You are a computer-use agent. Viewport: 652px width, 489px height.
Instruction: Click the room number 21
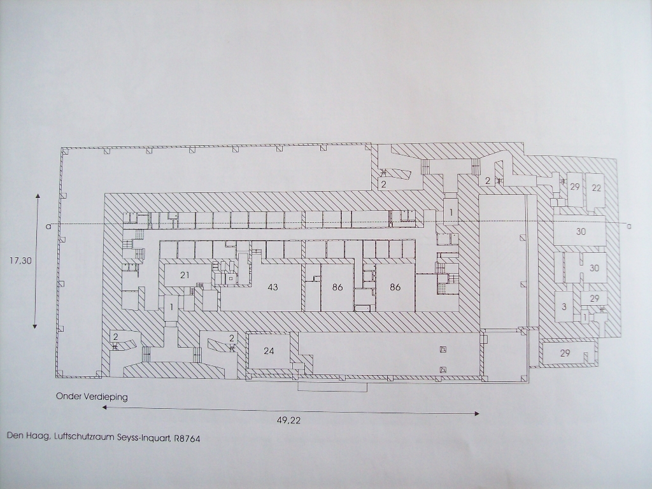[185, 275]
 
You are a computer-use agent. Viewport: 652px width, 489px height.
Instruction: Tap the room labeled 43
[273, 287]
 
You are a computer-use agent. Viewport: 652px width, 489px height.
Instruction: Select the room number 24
[269, 351]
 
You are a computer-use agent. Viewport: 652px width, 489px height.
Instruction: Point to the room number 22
[596, 188]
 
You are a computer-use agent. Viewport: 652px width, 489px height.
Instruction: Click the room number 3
[564, 308]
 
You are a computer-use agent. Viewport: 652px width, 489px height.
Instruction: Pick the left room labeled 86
[337, 287]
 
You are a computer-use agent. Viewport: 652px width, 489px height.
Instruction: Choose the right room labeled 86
[395, 287]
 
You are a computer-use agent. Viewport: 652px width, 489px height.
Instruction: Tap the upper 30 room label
[581, 232]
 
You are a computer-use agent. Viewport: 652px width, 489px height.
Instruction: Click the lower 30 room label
[594, 268]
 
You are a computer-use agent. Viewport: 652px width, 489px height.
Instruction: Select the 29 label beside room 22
[575, 187]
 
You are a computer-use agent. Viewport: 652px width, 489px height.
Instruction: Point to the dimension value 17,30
[20, 260]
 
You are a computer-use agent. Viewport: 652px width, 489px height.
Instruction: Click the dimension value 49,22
[288, 420]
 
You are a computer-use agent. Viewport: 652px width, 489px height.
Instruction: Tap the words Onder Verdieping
[92, 397]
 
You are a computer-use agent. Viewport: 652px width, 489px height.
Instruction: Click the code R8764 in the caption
[186, 439]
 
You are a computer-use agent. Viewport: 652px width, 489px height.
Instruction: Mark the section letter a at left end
[48, 227]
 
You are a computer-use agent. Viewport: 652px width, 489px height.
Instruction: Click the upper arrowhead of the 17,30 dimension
[38, 196]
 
